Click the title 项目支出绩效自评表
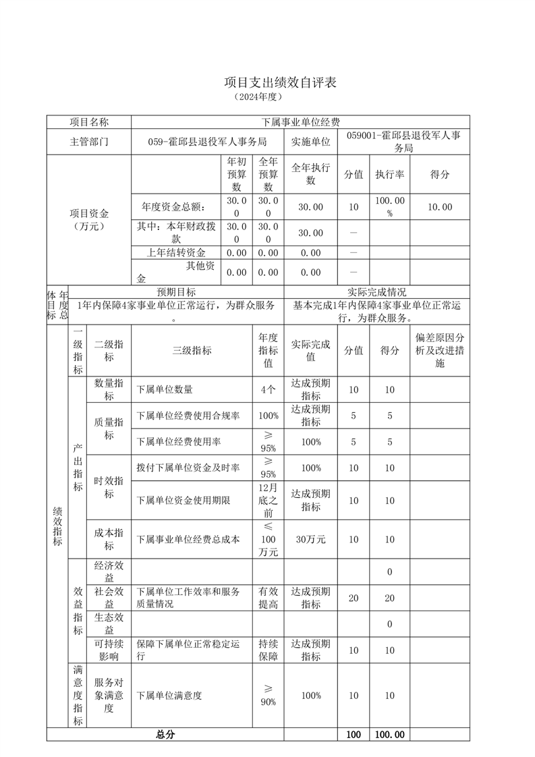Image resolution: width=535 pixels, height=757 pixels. pos(279,82)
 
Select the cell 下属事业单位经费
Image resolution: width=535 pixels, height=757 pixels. pos(300,122)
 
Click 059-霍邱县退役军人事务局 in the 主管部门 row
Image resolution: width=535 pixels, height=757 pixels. pos(207,142)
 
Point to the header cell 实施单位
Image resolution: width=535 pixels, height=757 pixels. pos(310,142)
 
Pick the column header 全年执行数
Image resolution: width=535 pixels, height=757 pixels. pos(310,174)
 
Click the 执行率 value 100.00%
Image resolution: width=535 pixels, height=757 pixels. pos(389,206)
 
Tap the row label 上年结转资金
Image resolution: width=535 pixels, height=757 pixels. pos(177,253)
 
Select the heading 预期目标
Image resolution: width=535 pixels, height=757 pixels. pos(177,292)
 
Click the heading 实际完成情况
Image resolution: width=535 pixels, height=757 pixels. pos(376,292)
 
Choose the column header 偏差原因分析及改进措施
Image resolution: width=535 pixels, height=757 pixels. pos(439,350)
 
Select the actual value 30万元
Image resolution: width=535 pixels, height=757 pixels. pos(310,539)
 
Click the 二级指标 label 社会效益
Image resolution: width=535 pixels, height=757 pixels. pos(109,597)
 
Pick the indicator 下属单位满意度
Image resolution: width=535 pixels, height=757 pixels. pos(169,695)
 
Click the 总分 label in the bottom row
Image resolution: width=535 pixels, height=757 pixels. pos(165,735)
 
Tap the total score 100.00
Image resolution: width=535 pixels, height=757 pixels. pos(389,735)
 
